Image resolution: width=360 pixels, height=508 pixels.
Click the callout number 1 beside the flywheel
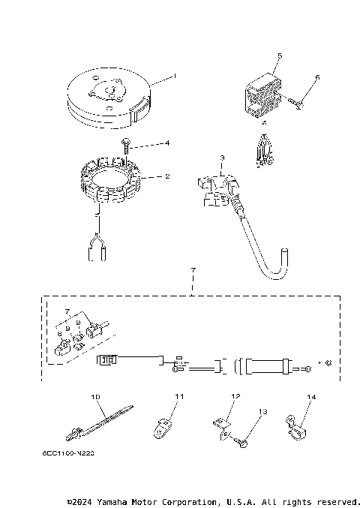click(x=175, y=76)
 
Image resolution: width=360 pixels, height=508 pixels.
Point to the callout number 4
click(x=167, y=143)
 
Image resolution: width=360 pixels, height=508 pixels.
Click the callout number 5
click(x=280, y=56)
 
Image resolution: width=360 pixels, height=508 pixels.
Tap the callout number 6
click(x=318, y=77)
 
